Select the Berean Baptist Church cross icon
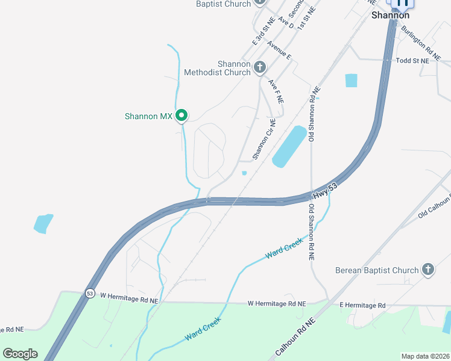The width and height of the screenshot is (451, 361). [428, 270]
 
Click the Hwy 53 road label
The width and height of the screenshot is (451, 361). [324, 193]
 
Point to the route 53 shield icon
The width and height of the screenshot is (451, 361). [90, 293]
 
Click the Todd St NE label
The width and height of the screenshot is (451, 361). [412, 61]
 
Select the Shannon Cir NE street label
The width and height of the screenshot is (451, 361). [263, 140]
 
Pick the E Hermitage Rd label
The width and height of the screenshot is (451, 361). [362, 305]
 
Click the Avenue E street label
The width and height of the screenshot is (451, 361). [280, 51]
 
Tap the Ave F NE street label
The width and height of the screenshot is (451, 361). [276, 91]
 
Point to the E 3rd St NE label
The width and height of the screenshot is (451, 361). [263, 31]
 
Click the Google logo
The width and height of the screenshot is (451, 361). [20, 354]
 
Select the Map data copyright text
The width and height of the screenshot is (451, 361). [424, 356]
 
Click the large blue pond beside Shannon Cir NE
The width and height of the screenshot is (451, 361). [289, 146]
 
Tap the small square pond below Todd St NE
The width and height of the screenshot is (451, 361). [351, 80]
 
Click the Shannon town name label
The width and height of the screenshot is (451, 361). [390, 15]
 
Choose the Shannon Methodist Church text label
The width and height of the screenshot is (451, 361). [217, 68]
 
